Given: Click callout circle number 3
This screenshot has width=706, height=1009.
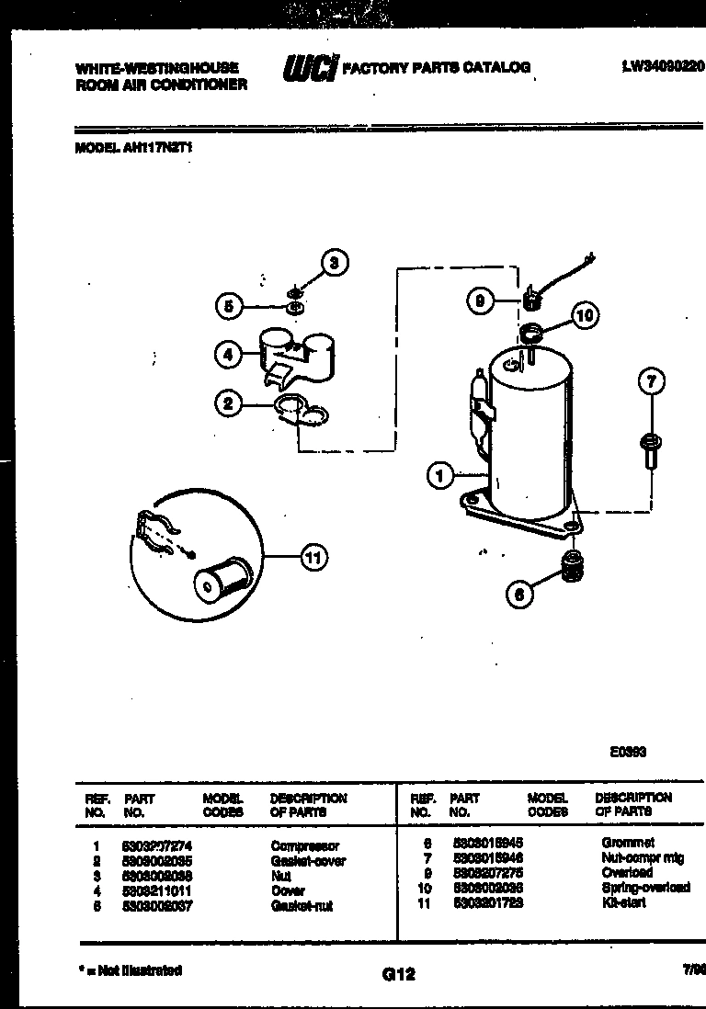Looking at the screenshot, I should point(334,263).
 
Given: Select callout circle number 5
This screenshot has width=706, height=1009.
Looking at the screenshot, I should point(229,305).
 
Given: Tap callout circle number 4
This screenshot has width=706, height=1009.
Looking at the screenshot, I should point(229,354).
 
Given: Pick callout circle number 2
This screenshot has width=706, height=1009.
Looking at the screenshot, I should point(229,402).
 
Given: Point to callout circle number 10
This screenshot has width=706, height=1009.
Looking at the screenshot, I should point(584,316).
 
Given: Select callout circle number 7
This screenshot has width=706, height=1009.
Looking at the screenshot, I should point(650,381).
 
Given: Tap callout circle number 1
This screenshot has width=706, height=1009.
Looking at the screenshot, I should point(441,475).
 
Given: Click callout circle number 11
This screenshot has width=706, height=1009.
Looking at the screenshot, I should point(313,557).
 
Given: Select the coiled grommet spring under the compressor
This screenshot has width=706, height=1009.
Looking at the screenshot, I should point(572,567).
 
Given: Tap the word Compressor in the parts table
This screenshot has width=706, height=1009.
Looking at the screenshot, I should point(304,845).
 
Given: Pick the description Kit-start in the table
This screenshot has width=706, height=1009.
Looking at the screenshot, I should point(623,902).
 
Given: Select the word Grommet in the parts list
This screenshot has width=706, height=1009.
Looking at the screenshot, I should point(628,843).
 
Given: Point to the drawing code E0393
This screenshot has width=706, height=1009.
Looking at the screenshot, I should point(628,751).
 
